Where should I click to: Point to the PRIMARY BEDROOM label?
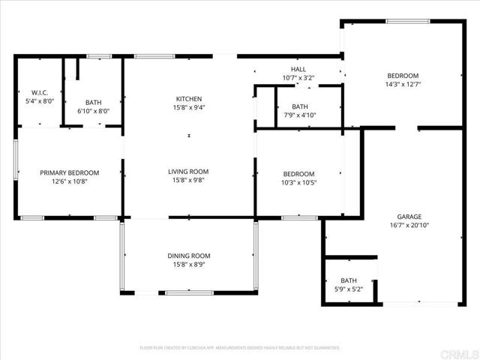click(x=69, y=172)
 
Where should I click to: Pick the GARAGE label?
click(x=409, y=216)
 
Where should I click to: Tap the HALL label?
click(x=298, y=69)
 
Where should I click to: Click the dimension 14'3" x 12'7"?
click(x=403, y=84)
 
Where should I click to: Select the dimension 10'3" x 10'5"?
click(x=298, y=182)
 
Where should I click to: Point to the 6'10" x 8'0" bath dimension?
click(x=94, y=111)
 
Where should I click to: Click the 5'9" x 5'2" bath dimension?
click(x=349, y=289)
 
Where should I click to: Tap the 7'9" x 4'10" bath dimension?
click(x=300, y=115)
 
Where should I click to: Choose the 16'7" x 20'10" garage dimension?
click(x=409, y=224)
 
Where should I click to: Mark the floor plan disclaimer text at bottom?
click(x=240, y=347)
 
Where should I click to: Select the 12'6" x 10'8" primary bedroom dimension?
click(x=69, y=181)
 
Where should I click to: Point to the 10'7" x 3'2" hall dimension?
click(x=298, y=77)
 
